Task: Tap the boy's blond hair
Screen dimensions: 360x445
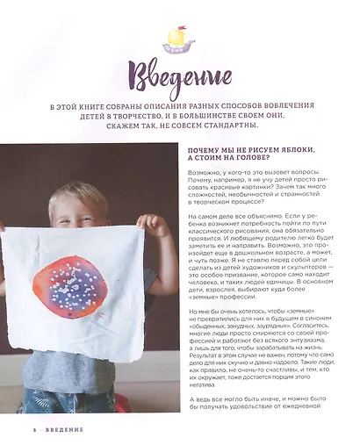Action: pos(77,196)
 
